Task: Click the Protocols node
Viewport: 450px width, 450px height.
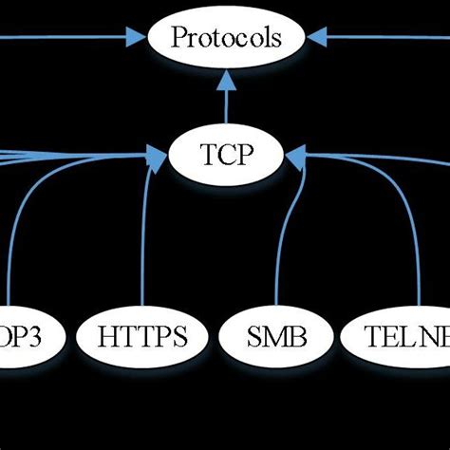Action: pos(226,38)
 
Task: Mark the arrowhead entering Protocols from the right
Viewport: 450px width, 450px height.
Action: pos(317,38)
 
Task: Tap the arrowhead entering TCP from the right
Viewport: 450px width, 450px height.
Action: pos(295,152)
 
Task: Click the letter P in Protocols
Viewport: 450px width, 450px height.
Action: pos(178,39)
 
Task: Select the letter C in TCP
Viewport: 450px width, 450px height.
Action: pos(226,153)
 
